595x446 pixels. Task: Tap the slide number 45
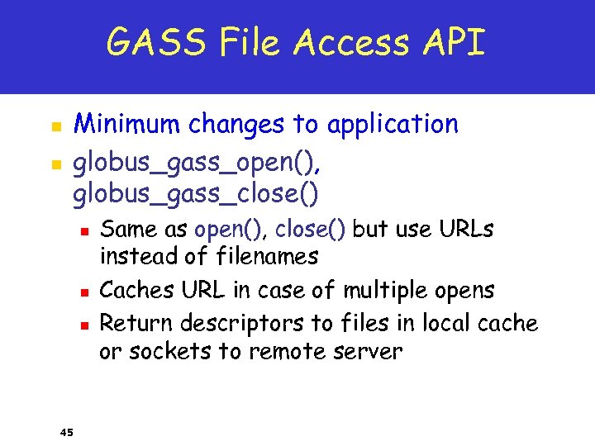67,431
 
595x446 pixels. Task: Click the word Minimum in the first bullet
128,125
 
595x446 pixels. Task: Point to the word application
392,125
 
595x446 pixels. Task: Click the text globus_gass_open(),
197,162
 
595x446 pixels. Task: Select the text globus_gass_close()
197,194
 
